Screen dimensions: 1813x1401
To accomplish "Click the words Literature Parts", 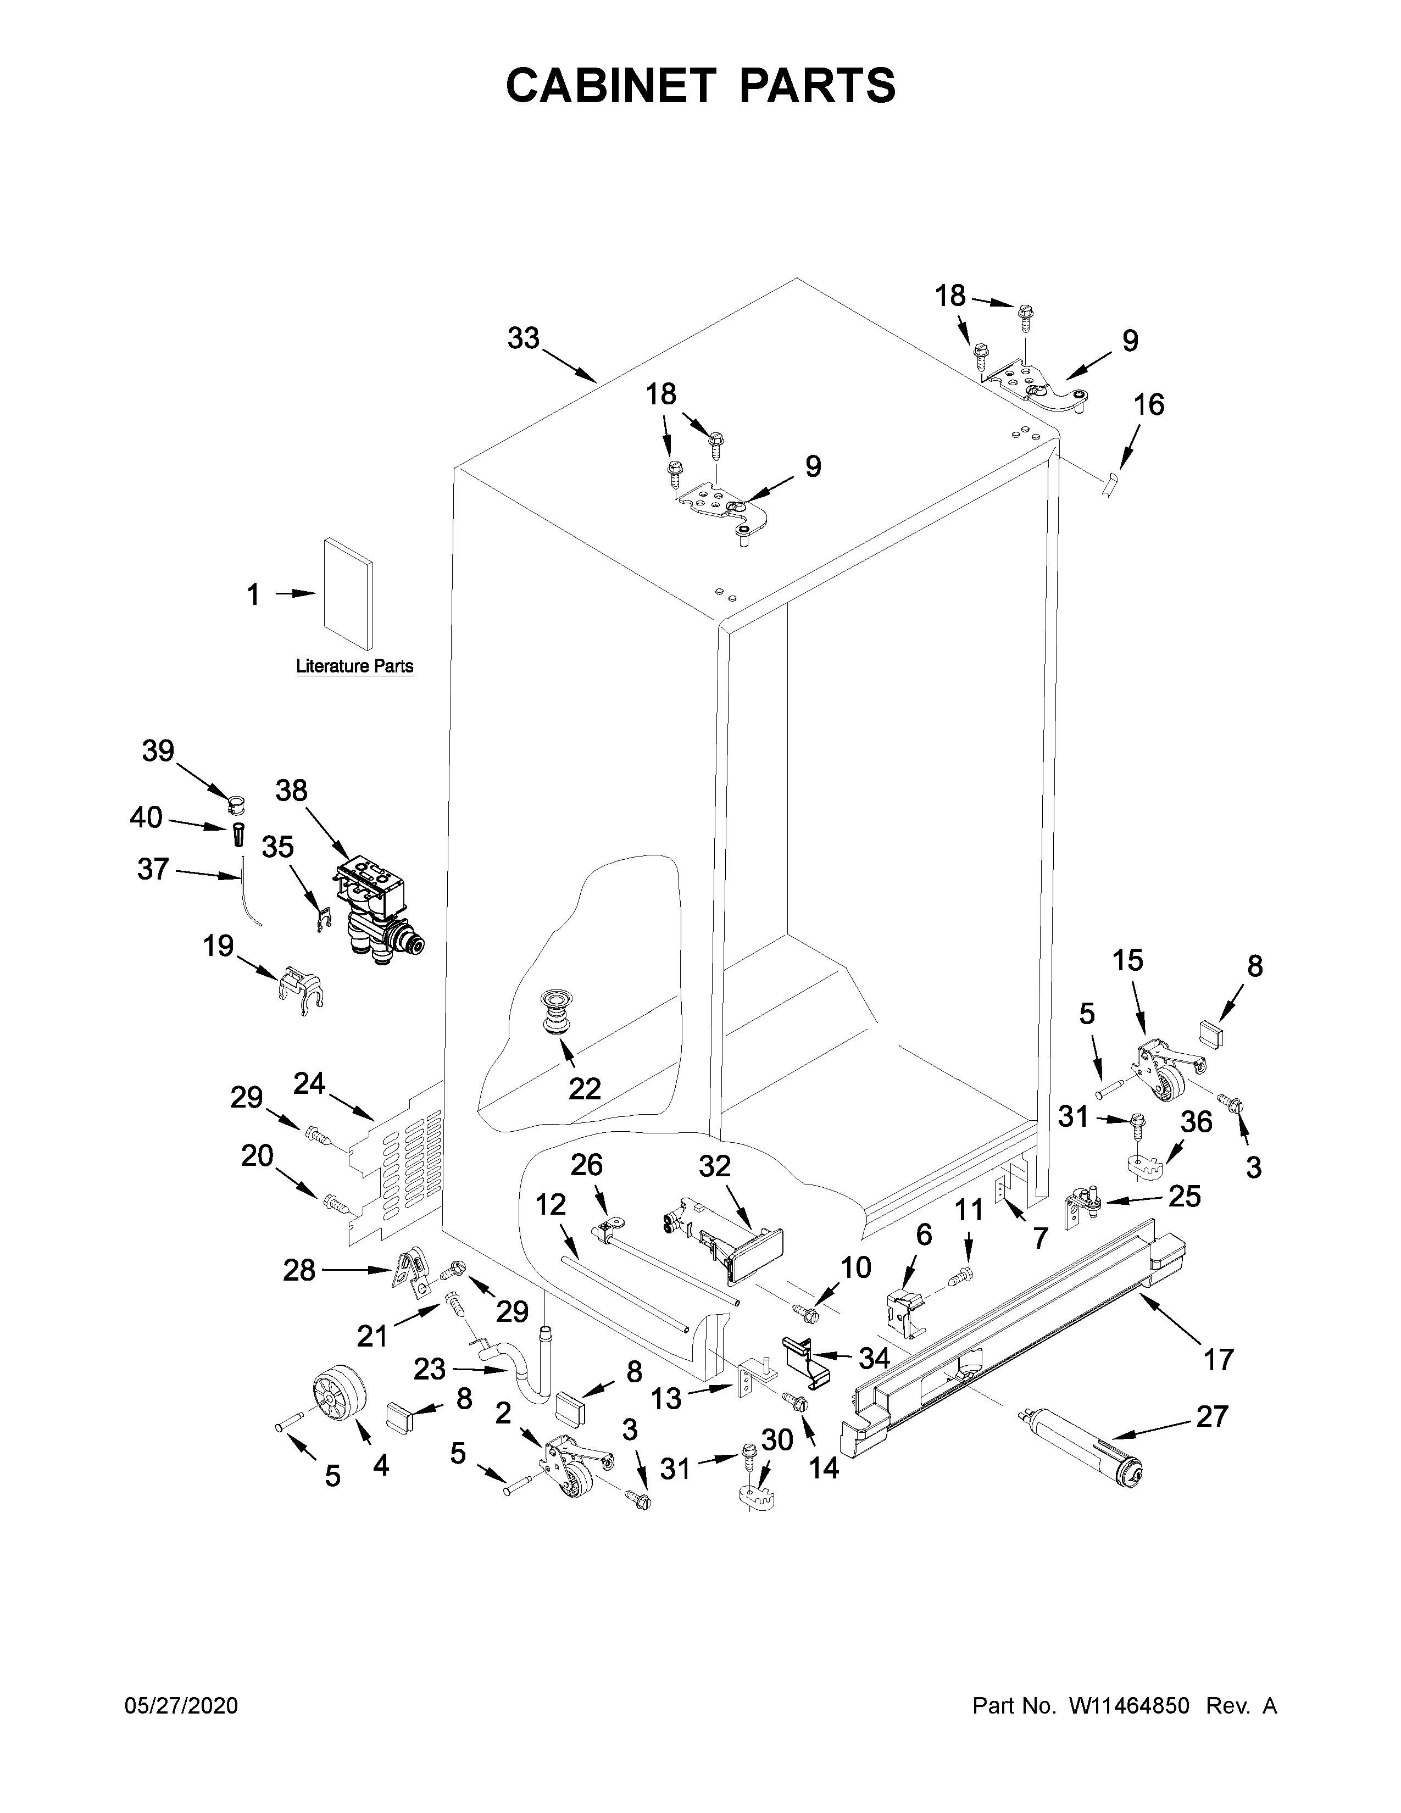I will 354,666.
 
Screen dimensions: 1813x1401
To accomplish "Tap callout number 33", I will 524,338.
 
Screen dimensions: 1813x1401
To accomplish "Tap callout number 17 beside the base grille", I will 1219,1360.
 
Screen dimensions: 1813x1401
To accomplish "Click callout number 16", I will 1149,405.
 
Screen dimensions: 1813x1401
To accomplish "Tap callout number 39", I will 158,751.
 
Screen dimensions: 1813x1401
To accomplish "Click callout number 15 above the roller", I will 1127,960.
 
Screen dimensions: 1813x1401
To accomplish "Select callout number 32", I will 714,1166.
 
